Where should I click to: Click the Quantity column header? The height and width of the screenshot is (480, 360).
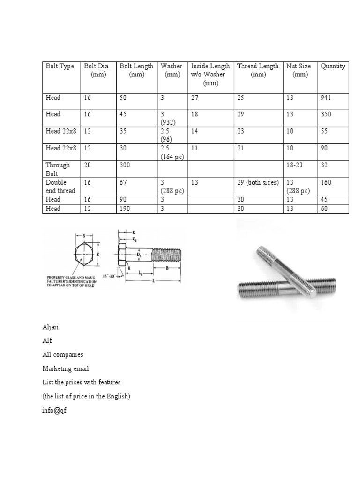333,66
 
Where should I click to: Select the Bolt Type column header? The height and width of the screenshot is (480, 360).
60,66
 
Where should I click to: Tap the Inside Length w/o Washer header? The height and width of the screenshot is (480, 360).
210,75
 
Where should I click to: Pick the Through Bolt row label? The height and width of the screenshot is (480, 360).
58,169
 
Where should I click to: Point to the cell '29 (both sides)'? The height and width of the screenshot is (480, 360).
258,182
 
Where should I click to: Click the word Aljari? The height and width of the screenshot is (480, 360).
51,327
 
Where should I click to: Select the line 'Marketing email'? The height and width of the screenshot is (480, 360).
65,368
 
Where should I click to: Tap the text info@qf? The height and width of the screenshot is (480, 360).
55,410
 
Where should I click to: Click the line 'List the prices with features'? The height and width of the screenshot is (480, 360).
81,382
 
